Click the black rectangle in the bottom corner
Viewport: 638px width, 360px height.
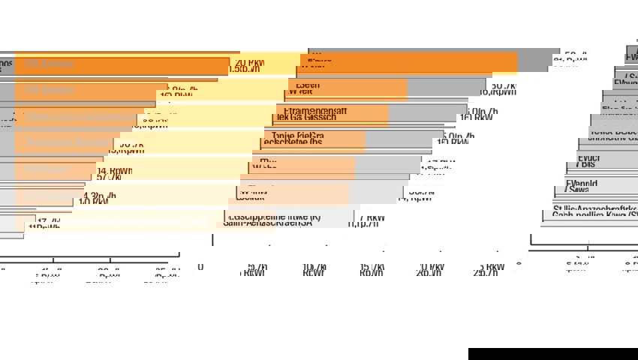pyautogui.click(x=552, y=353)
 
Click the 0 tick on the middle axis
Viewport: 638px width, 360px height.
pyautogui.click(x=200, y=267)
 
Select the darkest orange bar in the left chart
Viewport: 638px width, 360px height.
pyautogui.click(x=120, y=66)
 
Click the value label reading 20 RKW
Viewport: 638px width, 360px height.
pyautogui.click(x=249, y=62)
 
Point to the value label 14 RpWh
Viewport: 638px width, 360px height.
pyautogui.click(x=114, y=170)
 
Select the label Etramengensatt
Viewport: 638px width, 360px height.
pyautogui.click(x=315, y=110)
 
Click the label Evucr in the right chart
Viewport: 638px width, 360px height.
pyautogui.click(x=588, y=157)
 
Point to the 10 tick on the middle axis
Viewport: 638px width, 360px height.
pyautogui.click(x=314, y=267)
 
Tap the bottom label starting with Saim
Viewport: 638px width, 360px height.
pyautogui.click(x=266, y=223)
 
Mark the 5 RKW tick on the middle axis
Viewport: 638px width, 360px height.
pyautogui.click(x=491, y=267)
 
